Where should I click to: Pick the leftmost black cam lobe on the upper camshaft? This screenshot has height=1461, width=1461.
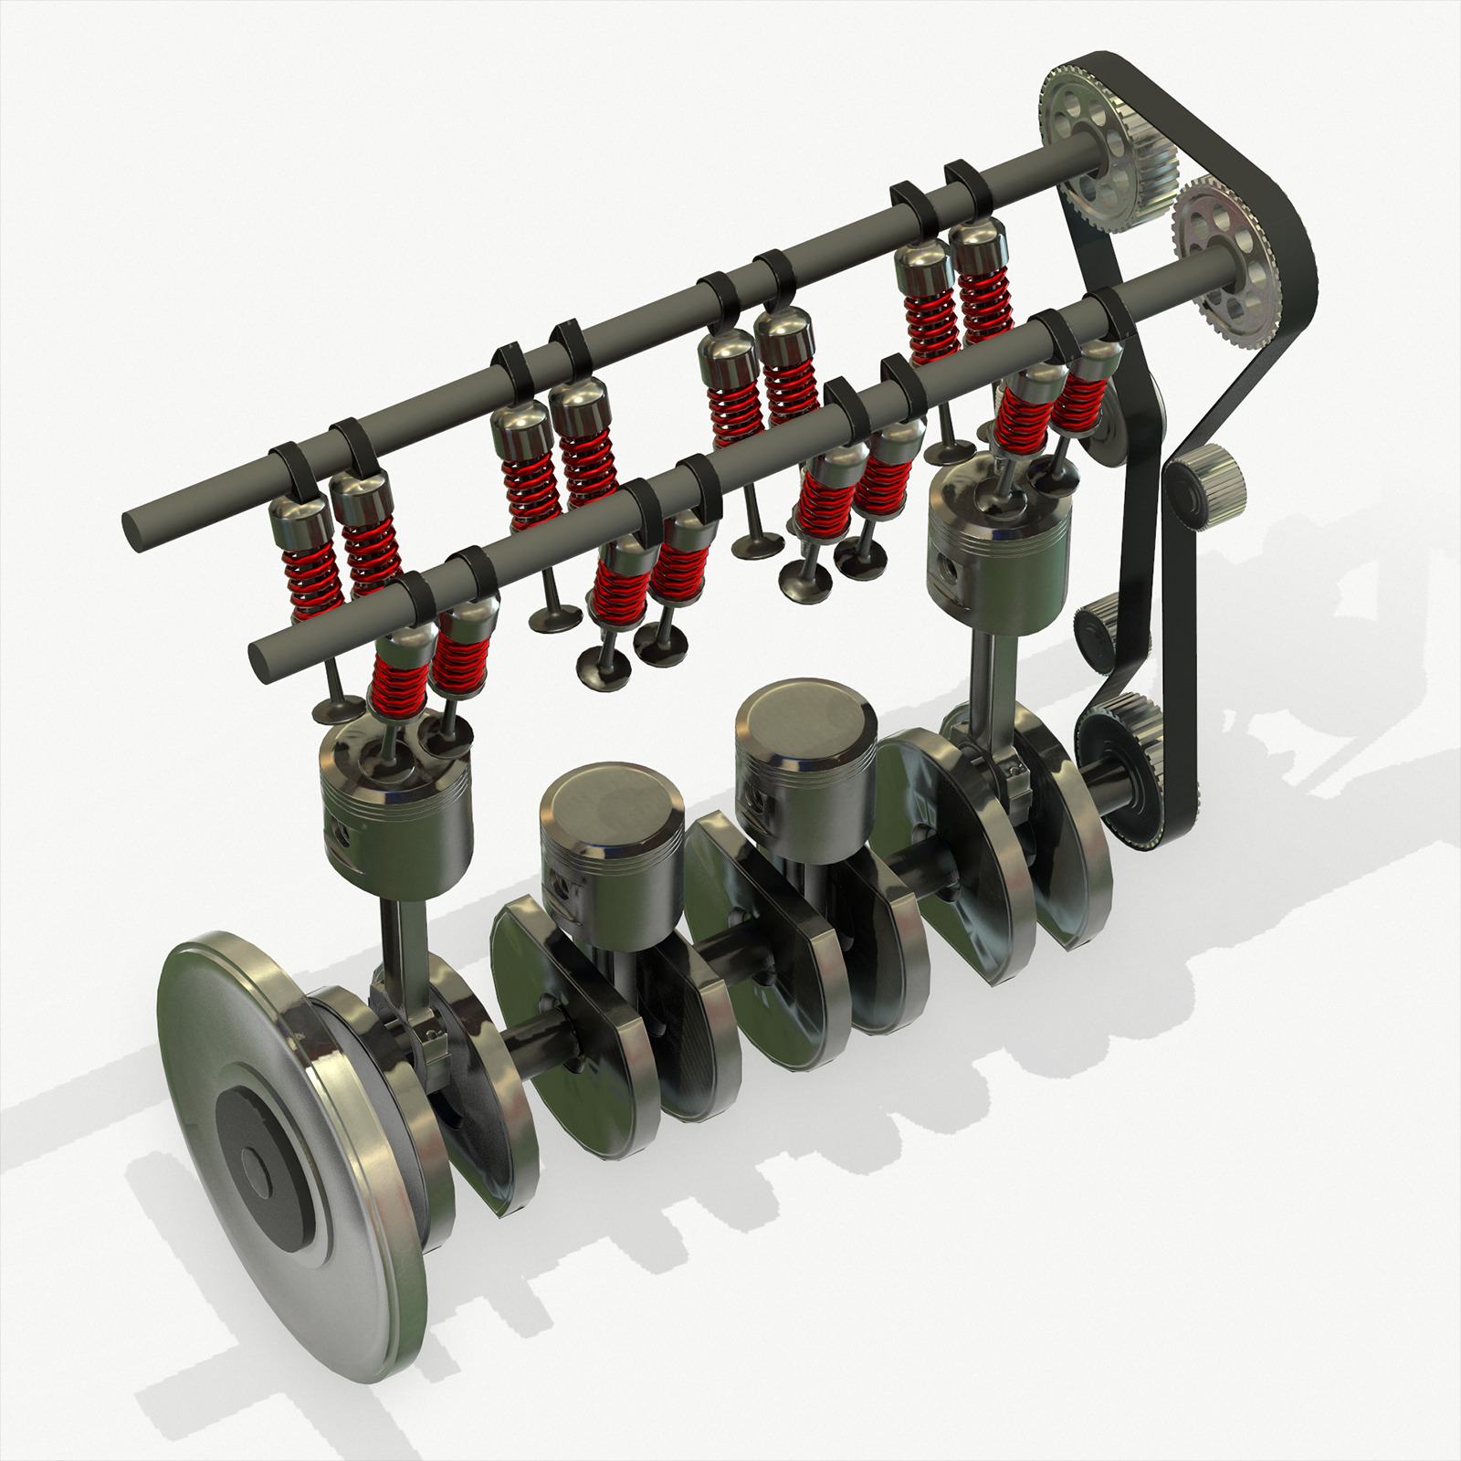[x=290, y=466]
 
